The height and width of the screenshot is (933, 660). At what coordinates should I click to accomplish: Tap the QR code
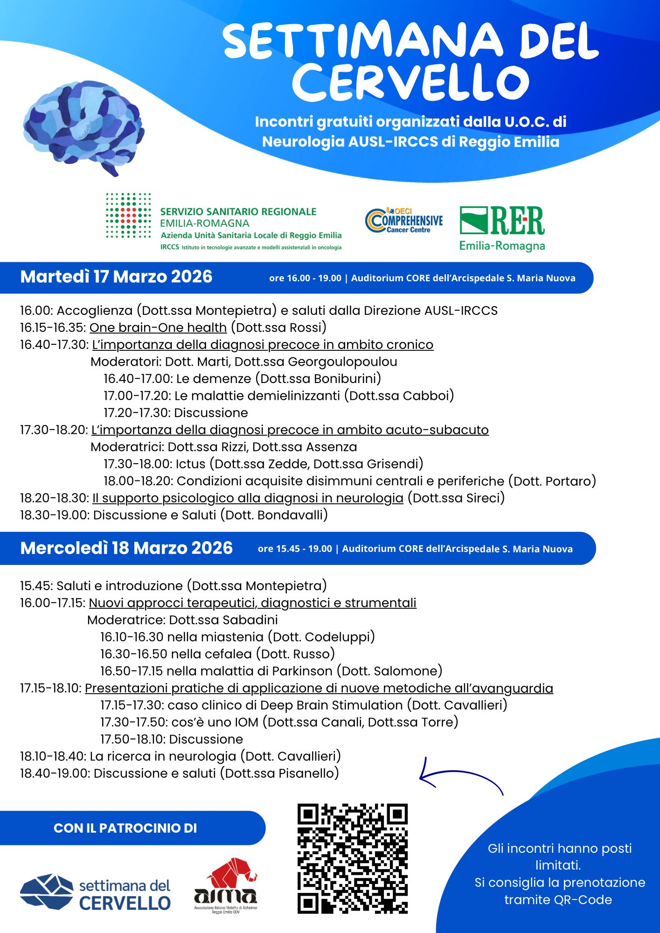[x=352, y=858]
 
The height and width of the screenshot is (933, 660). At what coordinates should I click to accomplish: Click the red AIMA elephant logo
[x=227, y=882]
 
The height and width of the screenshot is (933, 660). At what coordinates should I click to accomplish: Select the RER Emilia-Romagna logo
[x=502, y=229]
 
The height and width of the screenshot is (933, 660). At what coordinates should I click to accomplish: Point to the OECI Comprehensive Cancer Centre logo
[x=404, y=221]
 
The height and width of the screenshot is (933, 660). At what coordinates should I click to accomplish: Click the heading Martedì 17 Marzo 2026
[x=116, y=277]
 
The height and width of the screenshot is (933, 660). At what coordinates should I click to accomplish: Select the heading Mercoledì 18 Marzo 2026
[x=126, y=548]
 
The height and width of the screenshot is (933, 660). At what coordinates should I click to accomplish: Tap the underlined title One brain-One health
[x=158, y=327]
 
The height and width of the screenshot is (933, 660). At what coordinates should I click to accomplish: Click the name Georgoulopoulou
[x=342, y=362]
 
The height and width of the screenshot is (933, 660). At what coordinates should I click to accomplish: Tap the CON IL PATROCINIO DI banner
[x=125, y=828]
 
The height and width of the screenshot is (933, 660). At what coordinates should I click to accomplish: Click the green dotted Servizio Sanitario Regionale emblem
[x=128, y=216]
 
